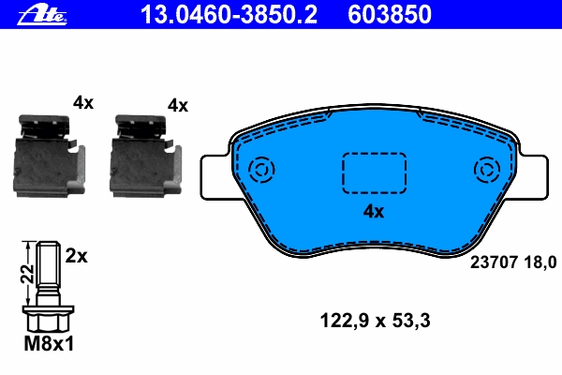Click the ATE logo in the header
(x=42, y=16)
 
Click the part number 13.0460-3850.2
(x=229, y=15)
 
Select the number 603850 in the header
(x=390, y=15)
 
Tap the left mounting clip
(x=50, y=157)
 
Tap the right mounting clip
(x=145, y=157)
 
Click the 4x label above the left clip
(x=83, y=103)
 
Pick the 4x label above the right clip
(x=178, y=106)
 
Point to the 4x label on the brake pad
(x=374, y=212)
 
